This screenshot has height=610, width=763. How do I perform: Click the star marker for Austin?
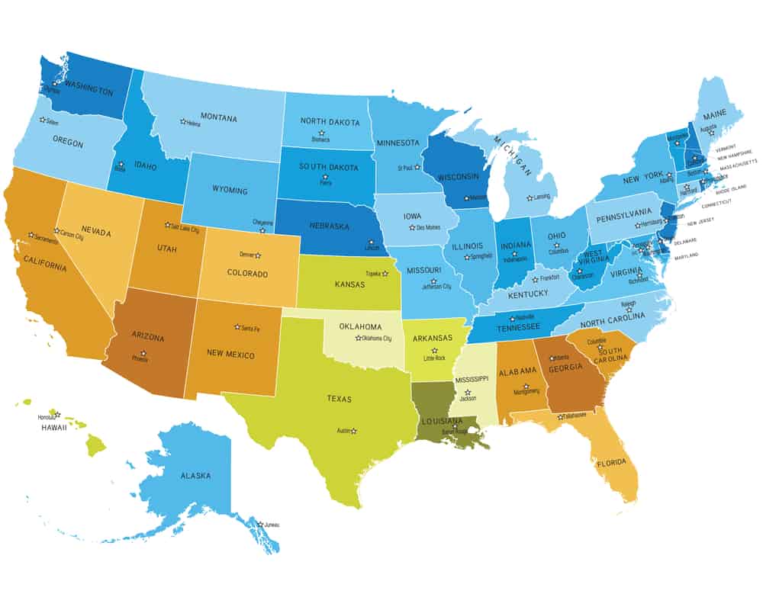coord(353,431)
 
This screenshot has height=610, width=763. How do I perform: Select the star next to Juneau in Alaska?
coord(260,524)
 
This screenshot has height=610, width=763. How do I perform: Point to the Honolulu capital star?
coord(57,415)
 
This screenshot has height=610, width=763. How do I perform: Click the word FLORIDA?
coord(611,463)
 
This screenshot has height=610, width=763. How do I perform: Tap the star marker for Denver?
coord(258,255)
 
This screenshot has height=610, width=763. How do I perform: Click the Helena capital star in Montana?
coord(182,120)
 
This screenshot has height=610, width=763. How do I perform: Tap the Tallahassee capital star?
coord(561,416)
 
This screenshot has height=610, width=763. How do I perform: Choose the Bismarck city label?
coord(321,140)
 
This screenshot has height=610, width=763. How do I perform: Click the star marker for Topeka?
coord(385,273)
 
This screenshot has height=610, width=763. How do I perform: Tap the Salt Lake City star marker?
coord(168,225)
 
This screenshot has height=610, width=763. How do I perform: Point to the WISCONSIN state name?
coord(462,177)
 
